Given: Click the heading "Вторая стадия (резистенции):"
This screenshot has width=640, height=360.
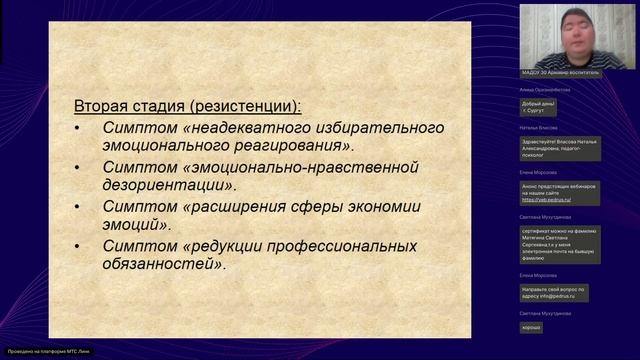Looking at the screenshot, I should pos(188,105).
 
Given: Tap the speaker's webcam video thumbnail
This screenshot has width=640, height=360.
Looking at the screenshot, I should pos(561,35).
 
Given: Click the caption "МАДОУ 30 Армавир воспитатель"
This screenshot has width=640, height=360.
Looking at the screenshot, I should pos(561,73).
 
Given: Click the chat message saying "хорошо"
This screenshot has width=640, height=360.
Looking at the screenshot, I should pos(531,327).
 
